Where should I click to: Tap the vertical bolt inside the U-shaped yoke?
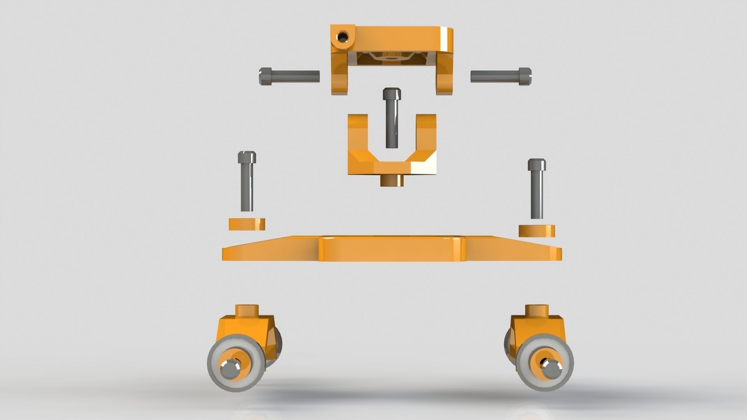(391, 121)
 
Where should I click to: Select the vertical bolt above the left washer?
(247, 183)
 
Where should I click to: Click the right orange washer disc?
(537, 231)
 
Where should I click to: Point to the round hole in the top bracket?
(343, 37)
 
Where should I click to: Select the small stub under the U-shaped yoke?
(392, 181)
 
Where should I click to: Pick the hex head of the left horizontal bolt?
(265, 76)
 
